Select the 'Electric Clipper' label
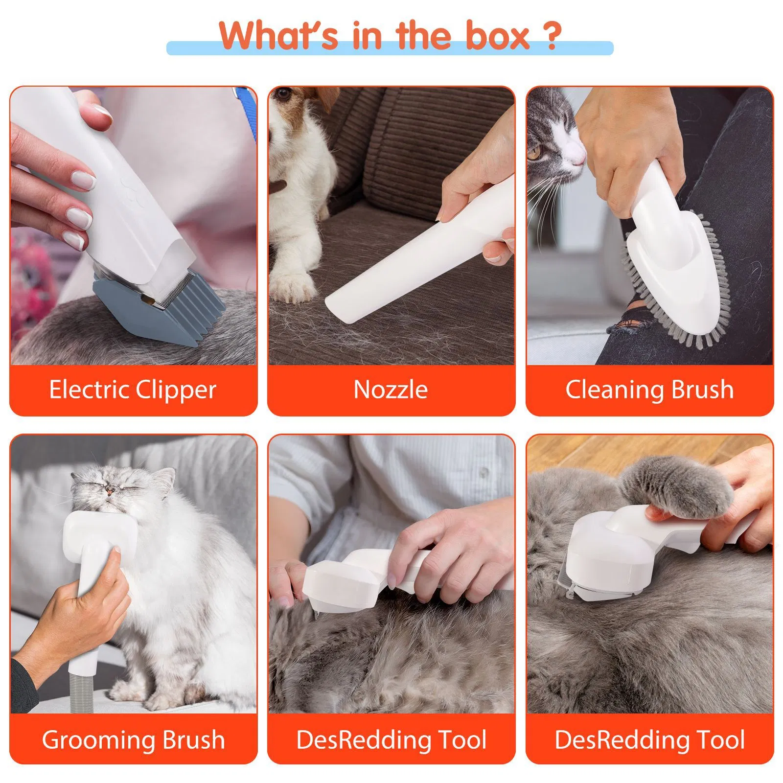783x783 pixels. [133, 390]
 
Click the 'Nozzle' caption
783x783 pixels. [391, 390]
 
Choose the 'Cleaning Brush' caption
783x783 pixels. [649, 390]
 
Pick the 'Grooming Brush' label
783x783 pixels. [133, 739]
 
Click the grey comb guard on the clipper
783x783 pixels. [161, 313]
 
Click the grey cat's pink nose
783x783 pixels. [579, 158]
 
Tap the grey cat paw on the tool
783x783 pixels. [675, 489]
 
